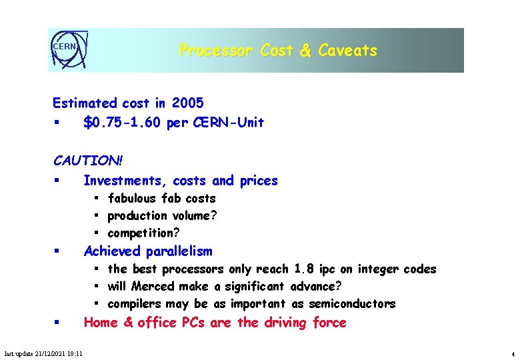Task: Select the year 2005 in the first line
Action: [187, 103]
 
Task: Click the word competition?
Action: [143, 233]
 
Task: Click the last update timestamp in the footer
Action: [43, 354]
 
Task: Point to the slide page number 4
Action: [512, 354]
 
